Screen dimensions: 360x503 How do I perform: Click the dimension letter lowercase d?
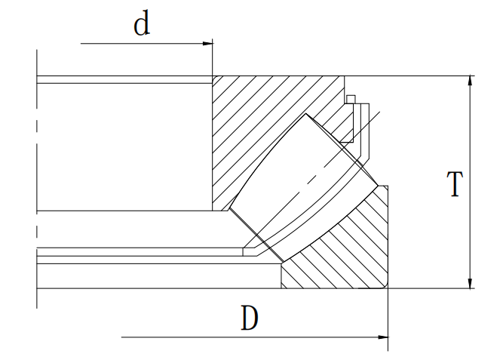pyautogui.click(x=141, y=24)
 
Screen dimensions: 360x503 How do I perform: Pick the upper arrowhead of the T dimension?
pyautogui.click(x=471, y=80)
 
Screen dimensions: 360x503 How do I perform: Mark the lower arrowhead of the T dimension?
pyautogui.click(x=471, y=283)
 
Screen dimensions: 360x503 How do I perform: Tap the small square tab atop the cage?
pyautogui.click(x=350, y=99)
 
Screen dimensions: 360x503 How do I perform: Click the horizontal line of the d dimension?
pyautogui.click(x=143, y=43)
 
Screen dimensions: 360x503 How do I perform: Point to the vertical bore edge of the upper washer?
pyautogui.click(x=213, y=143)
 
